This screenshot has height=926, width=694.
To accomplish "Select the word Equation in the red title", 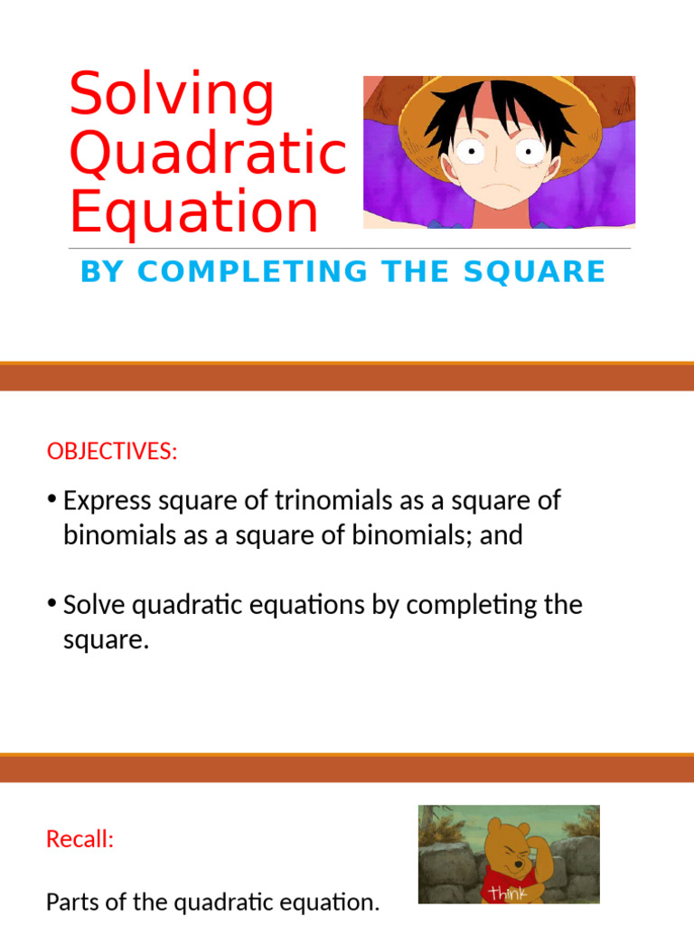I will [x=194, y=213].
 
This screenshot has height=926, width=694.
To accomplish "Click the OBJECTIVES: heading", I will [x=112, y=451].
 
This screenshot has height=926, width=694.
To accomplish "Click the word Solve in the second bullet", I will [x=96, y=605].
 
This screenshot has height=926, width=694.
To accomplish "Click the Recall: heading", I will [x=80, y=839].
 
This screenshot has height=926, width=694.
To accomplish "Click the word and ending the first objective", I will [x=502, y=535].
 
